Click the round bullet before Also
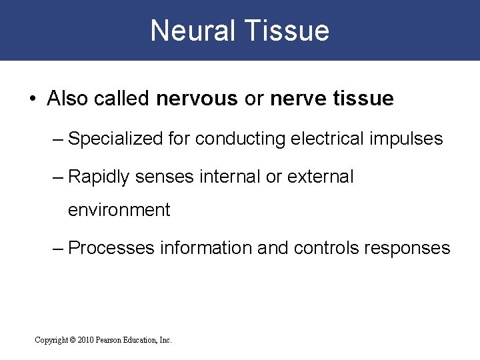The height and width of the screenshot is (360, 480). click(32, 99)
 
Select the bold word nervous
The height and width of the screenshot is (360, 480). click(197, 99)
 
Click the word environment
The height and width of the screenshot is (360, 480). click(119, 211)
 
